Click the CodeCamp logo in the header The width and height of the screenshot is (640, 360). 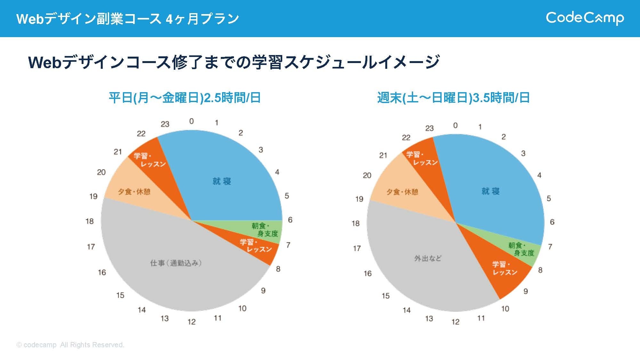click(x=585, y=18)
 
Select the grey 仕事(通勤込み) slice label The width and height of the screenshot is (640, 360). click(x=176, y=263)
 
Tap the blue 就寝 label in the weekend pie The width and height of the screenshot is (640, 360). click(x=490, y=191)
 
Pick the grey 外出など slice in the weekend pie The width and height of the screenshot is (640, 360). click(x=428, y=258)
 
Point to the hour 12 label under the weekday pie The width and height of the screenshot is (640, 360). click(x=191, y=322)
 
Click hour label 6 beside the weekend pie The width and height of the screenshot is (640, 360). click(x=552, y=222)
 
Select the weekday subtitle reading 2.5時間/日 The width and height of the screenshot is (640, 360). click(x=185, y=98)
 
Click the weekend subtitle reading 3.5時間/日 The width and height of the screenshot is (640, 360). click(x=453, y=98)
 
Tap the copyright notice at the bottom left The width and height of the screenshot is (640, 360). click(x=70, y=345)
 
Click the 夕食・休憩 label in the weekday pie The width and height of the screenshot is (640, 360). click(x=134, y=192)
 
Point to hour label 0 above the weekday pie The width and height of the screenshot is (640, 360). click(x=191, y=121)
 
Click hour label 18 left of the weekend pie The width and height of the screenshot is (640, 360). click(x=356, y=223)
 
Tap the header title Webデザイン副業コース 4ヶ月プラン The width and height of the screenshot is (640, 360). click(x=127, y=19)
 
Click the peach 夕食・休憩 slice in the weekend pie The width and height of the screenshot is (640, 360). click(x=402, y=192)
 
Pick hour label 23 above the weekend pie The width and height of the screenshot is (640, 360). click(x=429, y=128)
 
